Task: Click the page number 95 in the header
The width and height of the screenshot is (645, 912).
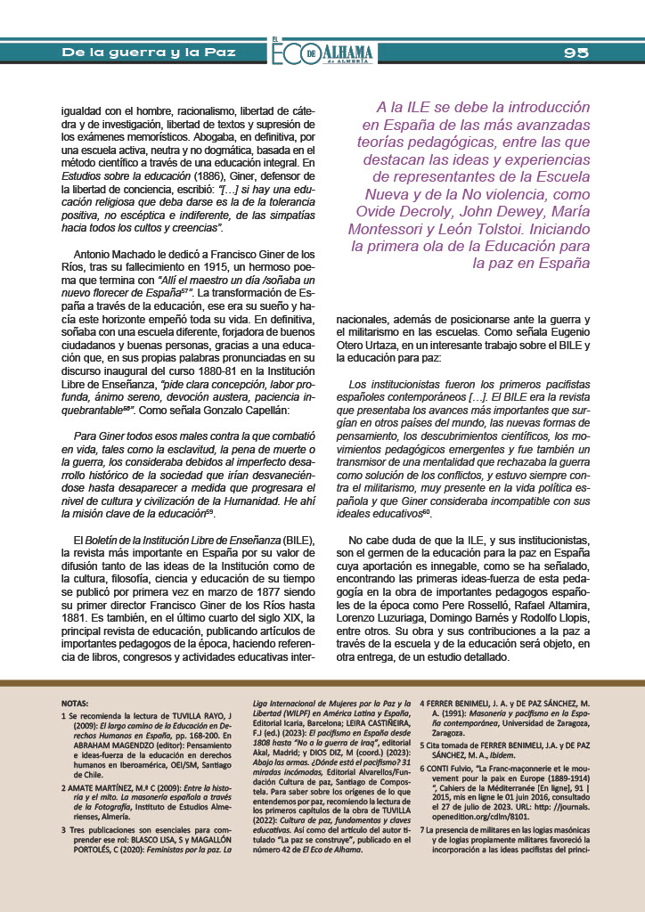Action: point(576,53)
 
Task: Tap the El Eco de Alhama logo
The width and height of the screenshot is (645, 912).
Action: point(322,53)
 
